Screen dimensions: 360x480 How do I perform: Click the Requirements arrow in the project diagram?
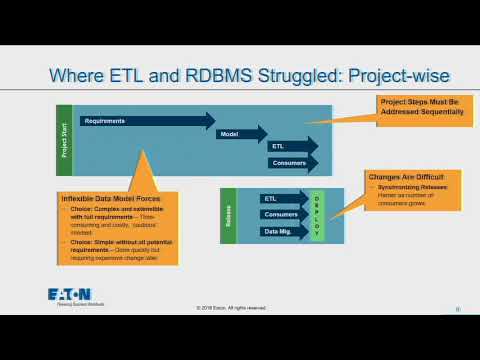pyautogui.click(x=140, y=121)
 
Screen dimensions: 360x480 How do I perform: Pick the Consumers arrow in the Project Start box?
pyautogui.click(x=290, y=162)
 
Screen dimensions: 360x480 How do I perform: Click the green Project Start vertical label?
pyautogui.click(x=62, y=139)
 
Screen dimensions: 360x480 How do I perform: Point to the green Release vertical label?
pyautogui.click(x=228, y=214)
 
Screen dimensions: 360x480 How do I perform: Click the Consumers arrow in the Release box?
pyautogui.click(x=282, y=215)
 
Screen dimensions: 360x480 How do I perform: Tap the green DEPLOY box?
pyautogui.click(x=318, y=214)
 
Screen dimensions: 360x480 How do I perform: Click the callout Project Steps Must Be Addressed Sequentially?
pyautogui.click(x=420, y=106)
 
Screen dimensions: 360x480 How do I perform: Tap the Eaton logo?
pyautogui.click(x=69, y=295)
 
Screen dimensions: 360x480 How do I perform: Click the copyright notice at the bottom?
pyautogui.click(x=231, y=308)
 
